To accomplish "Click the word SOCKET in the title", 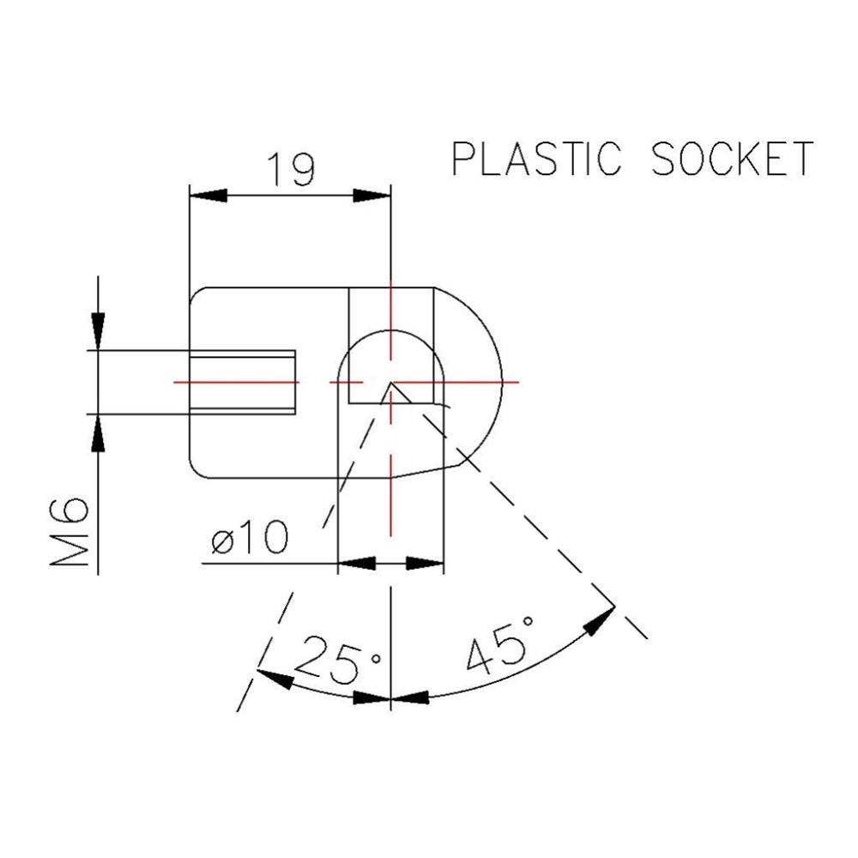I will click(x=731, y=160).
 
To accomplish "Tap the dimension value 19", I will click(x=290, y=170).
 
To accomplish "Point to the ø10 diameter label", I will click(x=250, y=540).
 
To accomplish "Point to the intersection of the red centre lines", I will click(x=391, y=381).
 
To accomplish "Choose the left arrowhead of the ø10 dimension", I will click(x=357, y=564).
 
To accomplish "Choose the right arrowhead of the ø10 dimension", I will click(x=424, y=564).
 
